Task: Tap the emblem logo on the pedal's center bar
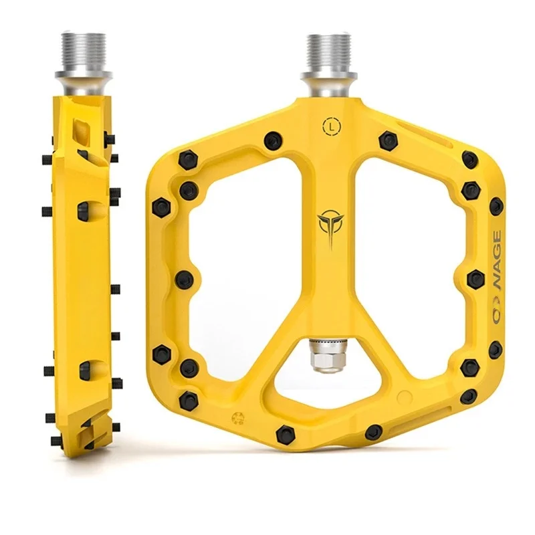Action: tap(328, 226)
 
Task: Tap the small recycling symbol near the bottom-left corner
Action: tap(236, 419)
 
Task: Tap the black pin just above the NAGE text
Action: tap(496, 206)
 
